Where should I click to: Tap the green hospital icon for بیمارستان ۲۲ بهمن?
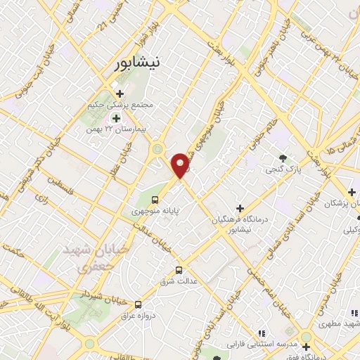(x=115, y=118)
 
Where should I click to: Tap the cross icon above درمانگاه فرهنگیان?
(x=240, y=209)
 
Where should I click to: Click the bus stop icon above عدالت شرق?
(x=179, y=269)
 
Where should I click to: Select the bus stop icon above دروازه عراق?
(x=137, y=304)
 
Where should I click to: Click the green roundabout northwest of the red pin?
(x=157, y=149)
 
